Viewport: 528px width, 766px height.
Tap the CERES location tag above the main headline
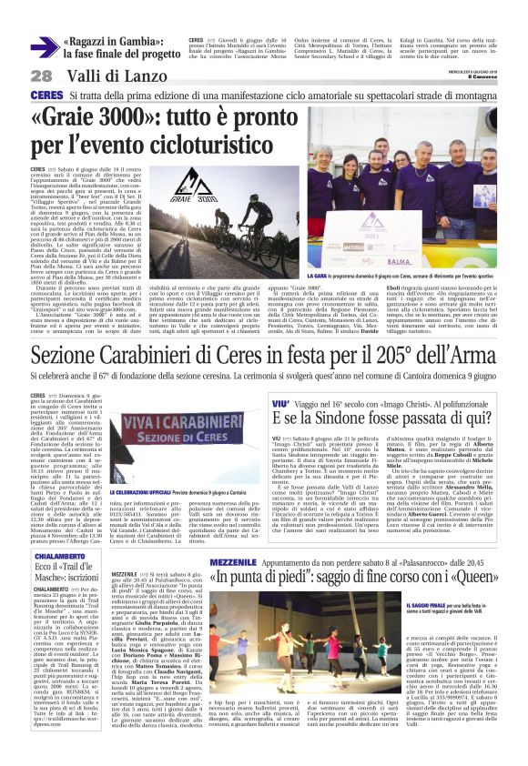click(45, 96)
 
